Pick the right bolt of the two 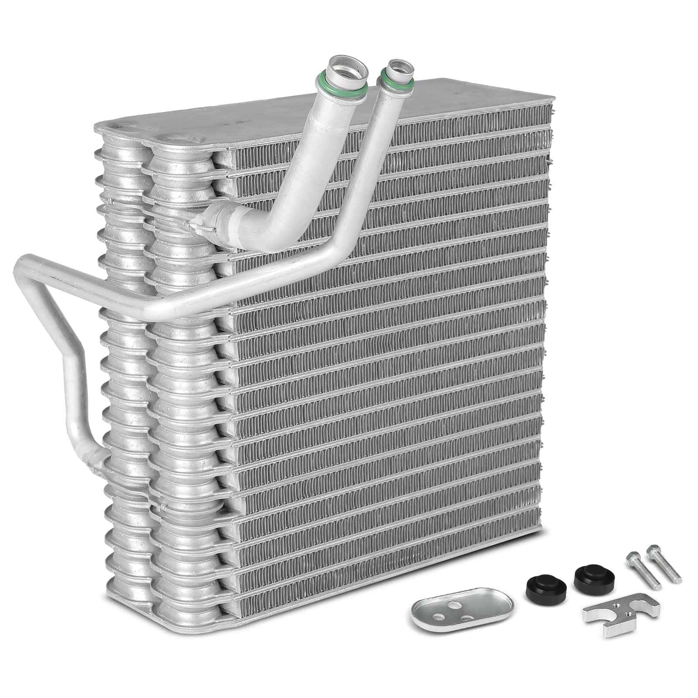(x=665, y=561)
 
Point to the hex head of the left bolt (x=631, y=555)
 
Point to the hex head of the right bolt (x=652, y=548)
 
